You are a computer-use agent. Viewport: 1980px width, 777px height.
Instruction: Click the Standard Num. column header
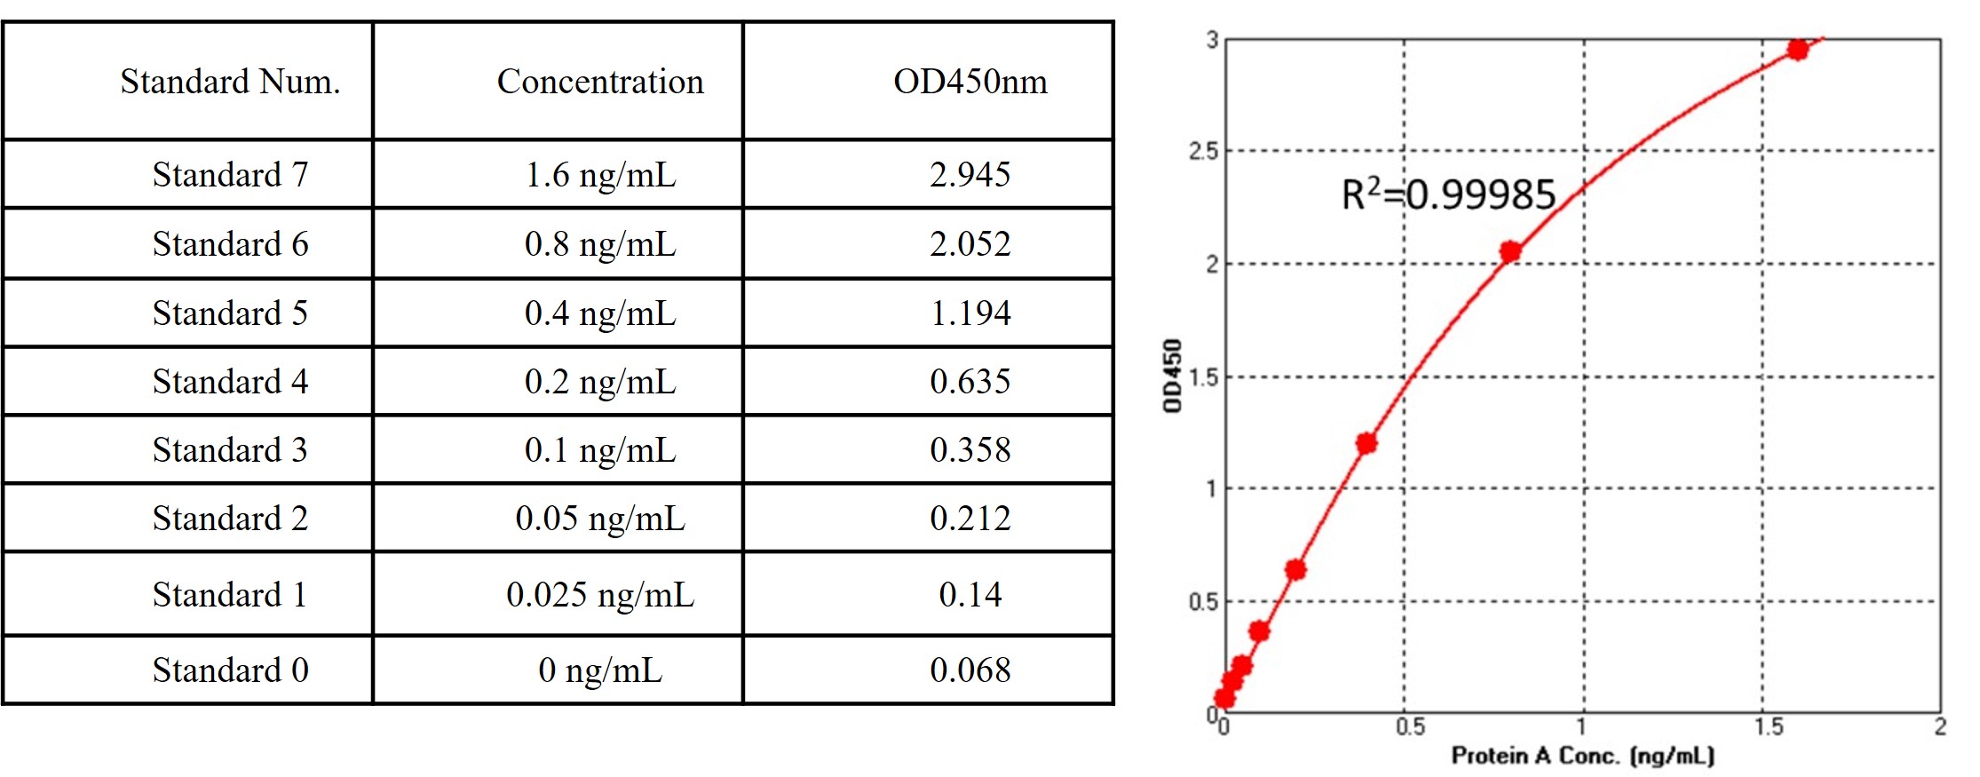click(230, 82)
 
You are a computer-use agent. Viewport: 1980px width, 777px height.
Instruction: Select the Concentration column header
click(600, 82)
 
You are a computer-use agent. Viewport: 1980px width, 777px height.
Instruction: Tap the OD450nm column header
click(970, 82)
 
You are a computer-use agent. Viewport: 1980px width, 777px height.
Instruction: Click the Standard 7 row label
click(230, 175)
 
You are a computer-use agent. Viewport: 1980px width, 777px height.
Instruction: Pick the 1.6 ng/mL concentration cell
click(600, 175)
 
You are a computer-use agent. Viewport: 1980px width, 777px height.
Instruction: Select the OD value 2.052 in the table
click(970, 244)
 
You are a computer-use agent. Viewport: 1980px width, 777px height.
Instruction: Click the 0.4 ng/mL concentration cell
click(600, 313)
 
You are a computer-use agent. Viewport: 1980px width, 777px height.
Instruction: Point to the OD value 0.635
click(970, 382)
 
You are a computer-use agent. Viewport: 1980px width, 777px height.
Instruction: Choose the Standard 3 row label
click(230, 450)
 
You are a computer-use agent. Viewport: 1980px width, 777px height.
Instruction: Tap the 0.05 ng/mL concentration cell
click(600, 519)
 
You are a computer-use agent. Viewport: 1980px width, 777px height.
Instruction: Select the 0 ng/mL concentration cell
click(600, 670)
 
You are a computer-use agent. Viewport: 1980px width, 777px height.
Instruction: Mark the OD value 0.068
click(970, 670)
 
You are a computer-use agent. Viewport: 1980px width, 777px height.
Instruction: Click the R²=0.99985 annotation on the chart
click(1448, 194)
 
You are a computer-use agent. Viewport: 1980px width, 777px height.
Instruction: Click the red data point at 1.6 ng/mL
click(1798, 50)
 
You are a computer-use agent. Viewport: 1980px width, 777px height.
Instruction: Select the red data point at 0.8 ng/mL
click(1510, 251)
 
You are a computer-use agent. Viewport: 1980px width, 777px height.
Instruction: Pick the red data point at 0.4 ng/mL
click(1366, 443)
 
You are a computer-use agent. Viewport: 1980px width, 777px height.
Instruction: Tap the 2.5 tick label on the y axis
click(1203, 151)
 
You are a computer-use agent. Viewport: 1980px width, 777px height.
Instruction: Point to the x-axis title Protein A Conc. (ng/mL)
click(1582, 756)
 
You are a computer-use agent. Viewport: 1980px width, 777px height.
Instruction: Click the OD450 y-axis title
click(1173, 376)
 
